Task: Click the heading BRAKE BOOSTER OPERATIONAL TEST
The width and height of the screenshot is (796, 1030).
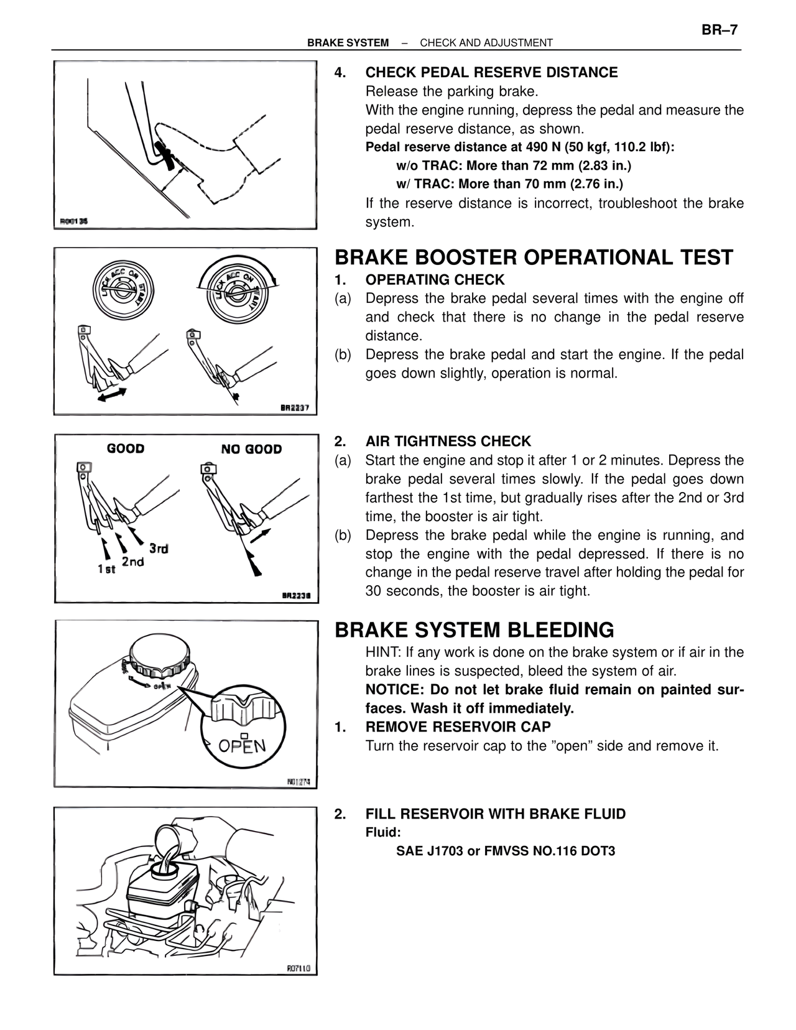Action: pyautogui.click(x=534, y=257)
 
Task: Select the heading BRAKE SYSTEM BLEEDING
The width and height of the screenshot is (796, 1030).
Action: pyautogui.click(x=474, y=630)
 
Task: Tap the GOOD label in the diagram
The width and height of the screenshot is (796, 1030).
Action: pyautogui.click(x=126, y=448)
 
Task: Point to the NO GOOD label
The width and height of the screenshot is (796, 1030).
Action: pyautogui.click(x=251, y=449)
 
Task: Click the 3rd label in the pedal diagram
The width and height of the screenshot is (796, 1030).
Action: pyautogui.click(x=159, y=549)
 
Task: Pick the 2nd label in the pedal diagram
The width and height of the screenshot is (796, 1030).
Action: pyautogui.click(x=132, y=562)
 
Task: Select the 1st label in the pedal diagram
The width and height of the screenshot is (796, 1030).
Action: pyautogui.click(x=106, y=569)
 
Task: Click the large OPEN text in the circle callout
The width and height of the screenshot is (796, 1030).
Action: pyautogui.click(x=243, y=745)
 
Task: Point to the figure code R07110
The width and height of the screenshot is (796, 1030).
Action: pyautogui.click(x=298, y=968)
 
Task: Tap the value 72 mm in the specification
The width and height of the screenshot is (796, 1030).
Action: pyautogui.click(x=553, y=165)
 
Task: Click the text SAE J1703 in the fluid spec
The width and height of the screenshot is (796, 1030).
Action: pyautogui.click(x=430, y=851)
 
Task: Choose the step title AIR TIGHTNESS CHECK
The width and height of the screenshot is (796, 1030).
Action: pyautogui.click(x=448, y=442)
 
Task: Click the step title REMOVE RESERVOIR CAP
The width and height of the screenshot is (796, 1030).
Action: pyautogui.click(x=458, y=727)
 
